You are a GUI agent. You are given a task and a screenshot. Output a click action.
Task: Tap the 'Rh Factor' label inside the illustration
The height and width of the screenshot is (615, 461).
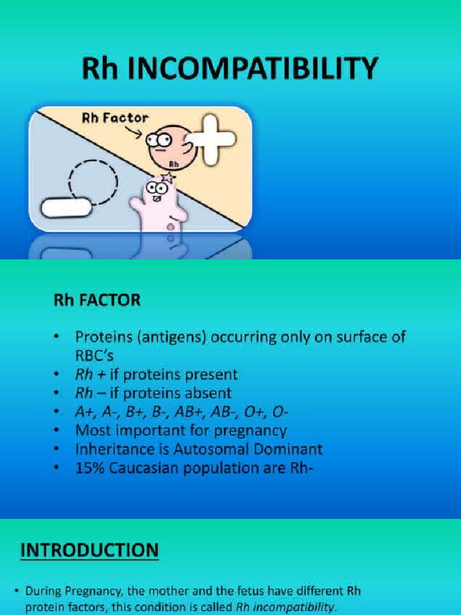[x=115, y=118]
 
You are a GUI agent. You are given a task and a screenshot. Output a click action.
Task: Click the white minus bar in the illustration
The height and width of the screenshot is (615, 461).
[x=67, y=208]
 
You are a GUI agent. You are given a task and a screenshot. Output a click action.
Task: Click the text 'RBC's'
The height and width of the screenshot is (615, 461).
[x=97, y=355]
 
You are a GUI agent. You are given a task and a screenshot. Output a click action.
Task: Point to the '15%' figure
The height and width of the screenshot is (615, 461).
[x=90, y=468]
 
